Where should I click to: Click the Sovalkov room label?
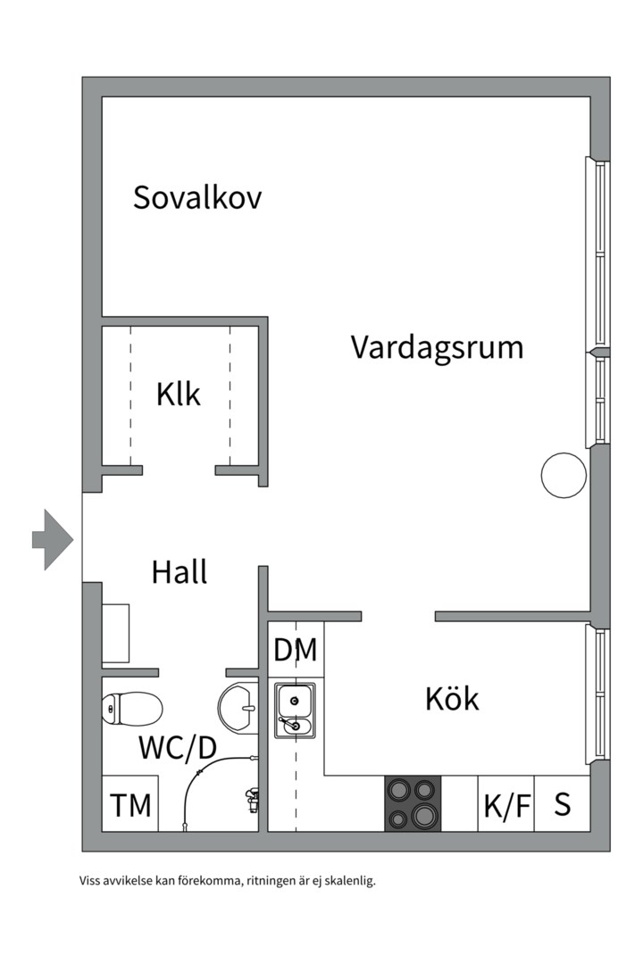197,197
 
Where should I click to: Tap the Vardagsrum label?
437,346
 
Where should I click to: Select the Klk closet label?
179,394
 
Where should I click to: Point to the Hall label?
180,572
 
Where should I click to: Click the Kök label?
452,699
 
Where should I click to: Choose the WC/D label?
178,748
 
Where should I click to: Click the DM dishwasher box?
296,651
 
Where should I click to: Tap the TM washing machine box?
130,805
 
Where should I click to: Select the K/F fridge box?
506,805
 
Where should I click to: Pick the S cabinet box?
563,804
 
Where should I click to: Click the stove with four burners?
413,803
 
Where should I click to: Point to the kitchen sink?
294,711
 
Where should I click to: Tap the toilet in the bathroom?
131,710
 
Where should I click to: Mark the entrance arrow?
52,539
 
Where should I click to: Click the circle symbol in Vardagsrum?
564,476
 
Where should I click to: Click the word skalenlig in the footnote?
348,882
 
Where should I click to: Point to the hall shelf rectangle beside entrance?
116,633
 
